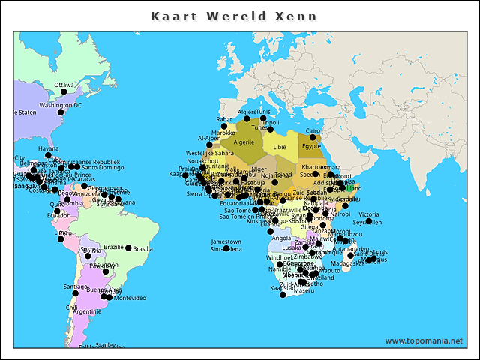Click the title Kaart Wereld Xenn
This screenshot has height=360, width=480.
tap(233, 16)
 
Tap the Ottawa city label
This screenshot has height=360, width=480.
tap(64, 85)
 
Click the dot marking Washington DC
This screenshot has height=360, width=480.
tap(62, 112)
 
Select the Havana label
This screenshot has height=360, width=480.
tap(48, 148)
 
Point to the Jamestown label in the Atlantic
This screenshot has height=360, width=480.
tap(226, 241)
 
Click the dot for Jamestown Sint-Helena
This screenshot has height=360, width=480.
tap(226, 248)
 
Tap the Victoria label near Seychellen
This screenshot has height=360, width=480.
tap(369, 214)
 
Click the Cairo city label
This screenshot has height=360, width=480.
tap(313, 130)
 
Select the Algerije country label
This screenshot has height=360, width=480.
tap(244, 142)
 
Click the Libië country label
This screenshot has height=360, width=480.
tap(280, 147)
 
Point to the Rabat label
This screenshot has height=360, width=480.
tap(224, 119)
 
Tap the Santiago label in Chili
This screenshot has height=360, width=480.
tap(75, 286)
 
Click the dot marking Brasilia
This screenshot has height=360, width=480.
tap(128, 247)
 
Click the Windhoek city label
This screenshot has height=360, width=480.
tap(281, 257)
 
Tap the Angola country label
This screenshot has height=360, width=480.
tap(282, 238)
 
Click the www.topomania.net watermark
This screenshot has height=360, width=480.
tap(424, 340)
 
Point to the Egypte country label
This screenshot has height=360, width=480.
tap(311, 146)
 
